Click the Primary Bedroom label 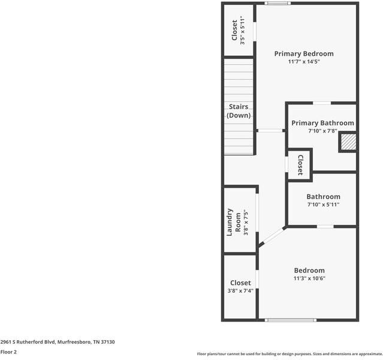303,53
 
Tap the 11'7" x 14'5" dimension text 303,62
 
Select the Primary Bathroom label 322,123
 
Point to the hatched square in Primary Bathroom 348,142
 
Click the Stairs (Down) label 239,111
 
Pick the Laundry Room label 234,222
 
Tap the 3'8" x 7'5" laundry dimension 245,222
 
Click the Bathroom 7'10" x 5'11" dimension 323,205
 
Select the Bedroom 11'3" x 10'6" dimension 309,278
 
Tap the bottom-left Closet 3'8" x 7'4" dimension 240,291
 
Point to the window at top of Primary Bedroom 278,4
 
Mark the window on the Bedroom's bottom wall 290,320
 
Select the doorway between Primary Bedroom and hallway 271,130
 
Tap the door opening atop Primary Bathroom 322,103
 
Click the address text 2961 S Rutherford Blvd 58,342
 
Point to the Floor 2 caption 8,352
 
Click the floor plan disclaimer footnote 289,354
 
